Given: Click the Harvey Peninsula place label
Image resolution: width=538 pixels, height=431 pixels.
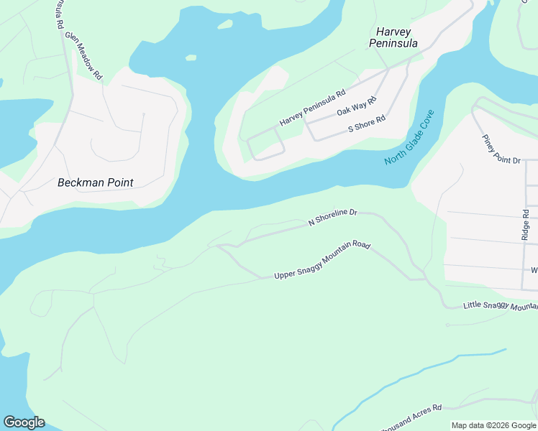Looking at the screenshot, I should coord(393,37).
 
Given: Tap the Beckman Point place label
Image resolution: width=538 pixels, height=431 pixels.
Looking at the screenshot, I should coord(95,182).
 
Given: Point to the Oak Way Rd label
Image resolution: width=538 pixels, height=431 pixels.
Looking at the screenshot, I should coord(356,108).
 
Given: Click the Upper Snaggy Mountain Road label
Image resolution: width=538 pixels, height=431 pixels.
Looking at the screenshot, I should coord(322,261).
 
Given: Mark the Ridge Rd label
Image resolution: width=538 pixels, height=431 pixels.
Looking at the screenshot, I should coord(526,225).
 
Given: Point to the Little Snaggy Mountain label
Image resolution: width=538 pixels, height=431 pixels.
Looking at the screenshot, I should coord(500,306).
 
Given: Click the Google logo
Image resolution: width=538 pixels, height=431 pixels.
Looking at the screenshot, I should coord(24,422).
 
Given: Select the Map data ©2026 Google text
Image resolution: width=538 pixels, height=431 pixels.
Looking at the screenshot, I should coord(493,425).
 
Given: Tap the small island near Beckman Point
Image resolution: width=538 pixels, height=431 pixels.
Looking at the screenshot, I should coord(191,57).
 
